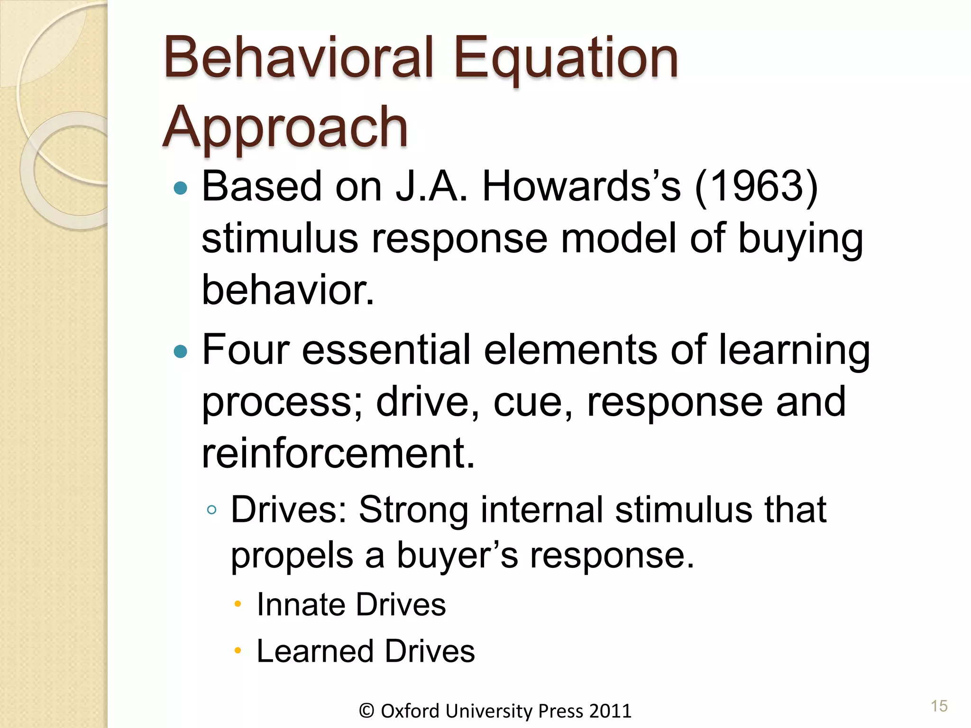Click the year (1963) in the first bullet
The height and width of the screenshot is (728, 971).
(x=757, y=187)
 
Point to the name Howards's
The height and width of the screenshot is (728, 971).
(x=581, y=187)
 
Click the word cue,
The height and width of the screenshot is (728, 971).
(x=533, y=402)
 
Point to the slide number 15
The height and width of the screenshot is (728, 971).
(x=939, y=706)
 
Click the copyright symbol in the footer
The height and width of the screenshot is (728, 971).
(x=367, y=711)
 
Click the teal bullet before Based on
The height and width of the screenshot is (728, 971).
(x=181, y=189)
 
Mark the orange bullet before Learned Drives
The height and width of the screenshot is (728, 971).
(x=238, y=651)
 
